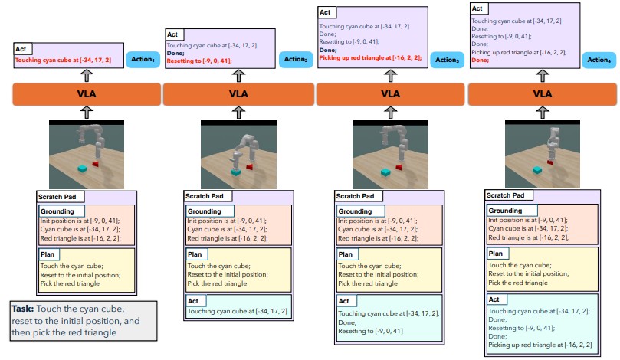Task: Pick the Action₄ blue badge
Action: pos(598,59)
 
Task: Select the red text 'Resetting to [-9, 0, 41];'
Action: pos(198,60)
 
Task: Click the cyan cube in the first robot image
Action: pos(82,168)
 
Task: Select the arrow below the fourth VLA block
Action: pos(543,112)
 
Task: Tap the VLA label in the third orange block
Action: pos(391,94)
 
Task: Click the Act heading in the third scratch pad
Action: pos(344,302)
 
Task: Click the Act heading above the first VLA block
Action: pos(21,49)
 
